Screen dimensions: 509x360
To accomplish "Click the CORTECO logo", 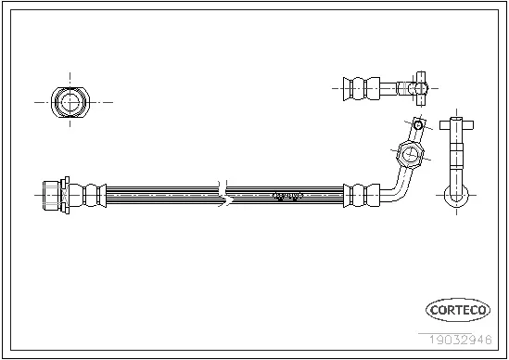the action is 458,310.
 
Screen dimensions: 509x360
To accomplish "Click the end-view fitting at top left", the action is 68,101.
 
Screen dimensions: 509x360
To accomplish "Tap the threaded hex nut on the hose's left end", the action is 50,195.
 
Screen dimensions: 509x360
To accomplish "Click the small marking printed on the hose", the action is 288,195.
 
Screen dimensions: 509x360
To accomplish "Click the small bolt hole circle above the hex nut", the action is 418,124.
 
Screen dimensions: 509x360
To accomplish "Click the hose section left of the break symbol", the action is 158,195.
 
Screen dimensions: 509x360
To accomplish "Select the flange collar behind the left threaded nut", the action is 66,195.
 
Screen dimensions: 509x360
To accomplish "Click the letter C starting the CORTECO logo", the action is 433,310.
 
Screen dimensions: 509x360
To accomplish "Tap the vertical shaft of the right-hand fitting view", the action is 456,158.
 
